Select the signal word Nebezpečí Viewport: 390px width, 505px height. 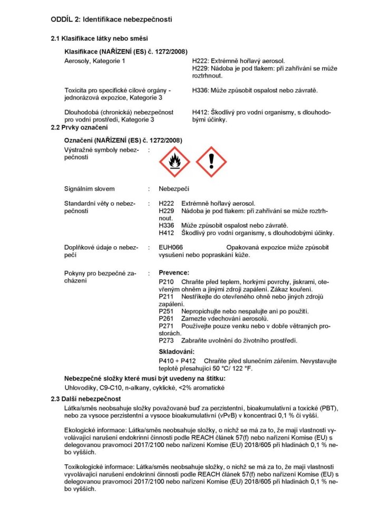[174, 189]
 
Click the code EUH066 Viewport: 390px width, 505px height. [171, 247]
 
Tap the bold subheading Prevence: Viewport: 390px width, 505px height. [174, 273]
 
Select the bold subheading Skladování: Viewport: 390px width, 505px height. [177, 351]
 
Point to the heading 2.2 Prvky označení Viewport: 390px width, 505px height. [79, 128]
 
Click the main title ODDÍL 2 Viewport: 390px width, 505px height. [111, 20]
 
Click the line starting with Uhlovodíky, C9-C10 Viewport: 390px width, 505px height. [137, 388]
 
